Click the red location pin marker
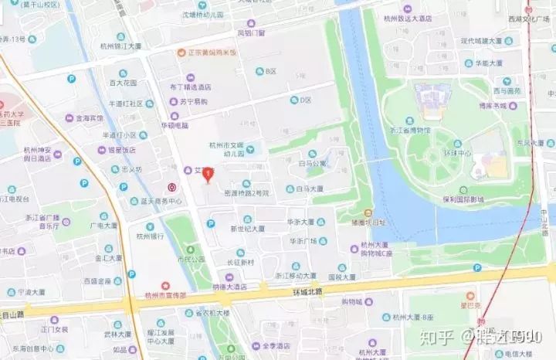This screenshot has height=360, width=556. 207,175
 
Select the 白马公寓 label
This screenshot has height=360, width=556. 313,163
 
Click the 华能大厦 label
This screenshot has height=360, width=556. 488,63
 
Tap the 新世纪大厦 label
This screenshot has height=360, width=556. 247,229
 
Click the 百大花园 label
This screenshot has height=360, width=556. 122,83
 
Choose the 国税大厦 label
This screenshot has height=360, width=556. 341,277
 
